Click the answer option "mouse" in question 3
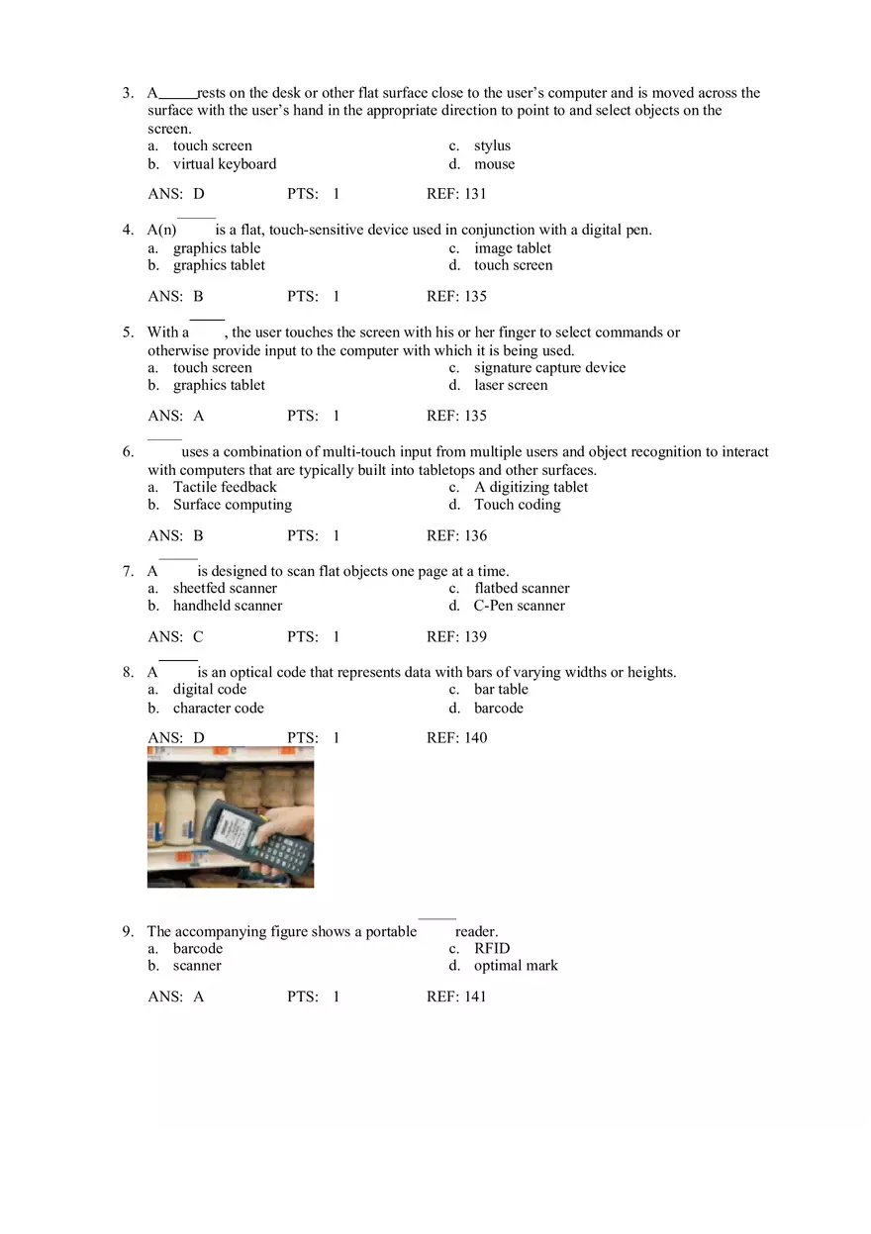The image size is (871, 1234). (x=494, y=164)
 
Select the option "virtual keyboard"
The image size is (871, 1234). (x=225, y=164)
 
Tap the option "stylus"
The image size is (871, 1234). (x=492, y=145)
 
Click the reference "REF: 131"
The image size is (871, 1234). (x=456, y=194)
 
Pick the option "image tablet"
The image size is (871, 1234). (x=512, y=248)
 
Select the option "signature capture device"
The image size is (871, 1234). (x=549, y=367)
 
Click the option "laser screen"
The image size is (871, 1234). (x=510, y=385)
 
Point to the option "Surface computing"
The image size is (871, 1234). (x=233, y=505)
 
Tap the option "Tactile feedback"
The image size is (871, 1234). (x=225, y=487)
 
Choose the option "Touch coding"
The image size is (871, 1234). (x=517, y=505)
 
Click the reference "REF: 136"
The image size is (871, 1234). (x=456, y=535)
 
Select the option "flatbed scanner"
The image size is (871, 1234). (x=522, y=588)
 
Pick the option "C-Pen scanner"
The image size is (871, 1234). (x=519, y=606)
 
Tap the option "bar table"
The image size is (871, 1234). (x=501, y=689)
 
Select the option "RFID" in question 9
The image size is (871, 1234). (x=492, y=948)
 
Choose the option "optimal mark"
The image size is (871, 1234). (x=516, y=966)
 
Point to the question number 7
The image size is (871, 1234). (x=128, y=571)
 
